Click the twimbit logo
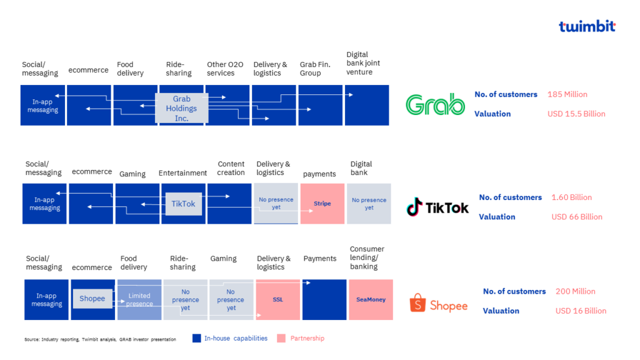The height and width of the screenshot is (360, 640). click(587, 26)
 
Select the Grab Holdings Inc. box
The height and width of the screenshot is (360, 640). click(181, 109)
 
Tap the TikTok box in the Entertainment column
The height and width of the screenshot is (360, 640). click(183, 204)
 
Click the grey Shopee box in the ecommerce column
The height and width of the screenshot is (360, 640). click(92, 299)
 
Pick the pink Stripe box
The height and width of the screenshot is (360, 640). click(322, 204)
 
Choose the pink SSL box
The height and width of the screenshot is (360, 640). click(278, 300)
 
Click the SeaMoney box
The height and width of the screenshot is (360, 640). click(371, 300)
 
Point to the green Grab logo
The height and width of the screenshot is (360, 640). click(435, 104)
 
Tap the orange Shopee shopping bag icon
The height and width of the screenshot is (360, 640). click(417, 304)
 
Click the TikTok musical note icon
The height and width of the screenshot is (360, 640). click(414, 207)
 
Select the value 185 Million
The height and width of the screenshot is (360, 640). click(567, 94)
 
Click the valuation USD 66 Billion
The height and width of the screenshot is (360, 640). click(576, 217)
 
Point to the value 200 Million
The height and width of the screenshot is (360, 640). click(575, 291)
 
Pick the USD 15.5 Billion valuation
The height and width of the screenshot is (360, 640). click(576, 114)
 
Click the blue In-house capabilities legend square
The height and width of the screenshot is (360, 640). click(197, 339)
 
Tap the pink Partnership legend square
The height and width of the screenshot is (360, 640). click(281, 339)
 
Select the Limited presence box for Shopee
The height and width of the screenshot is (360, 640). click(139, 300)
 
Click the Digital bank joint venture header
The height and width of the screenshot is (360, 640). click(363, 63)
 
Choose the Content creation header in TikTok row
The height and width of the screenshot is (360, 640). click(231, 168)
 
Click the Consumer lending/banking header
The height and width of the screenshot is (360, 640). click(367, 257)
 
